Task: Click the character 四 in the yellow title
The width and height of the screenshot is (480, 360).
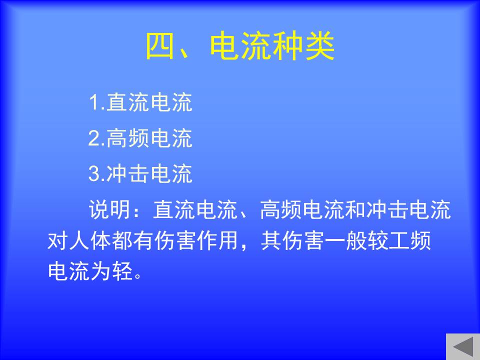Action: coord(161,46)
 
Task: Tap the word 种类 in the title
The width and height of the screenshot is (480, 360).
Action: coord(304,46)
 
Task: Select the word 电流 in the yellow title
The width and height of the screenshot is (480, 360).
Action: coord(240,46)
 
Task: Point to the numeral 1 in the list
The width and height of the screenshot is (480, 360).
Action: coord(93,102)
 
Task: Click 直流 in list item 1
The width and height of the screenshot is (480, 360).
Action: coord(127,102)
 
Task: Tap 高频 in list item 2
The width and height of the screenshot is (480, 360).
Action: coord(127,138)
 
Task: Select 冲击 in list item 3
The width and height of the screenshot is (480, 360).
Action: coord(127,173)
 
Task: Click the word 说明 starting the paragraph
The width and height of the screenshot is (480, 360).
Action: coord(109,209)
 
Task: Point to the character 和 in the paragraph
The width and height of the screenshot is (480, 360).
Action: coord(355,209)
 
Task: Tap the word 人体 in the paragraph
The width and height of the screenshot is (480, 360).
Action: coord(90,240)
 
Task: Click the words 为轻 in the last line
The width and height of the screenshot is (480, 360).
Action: coord(111,271)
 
